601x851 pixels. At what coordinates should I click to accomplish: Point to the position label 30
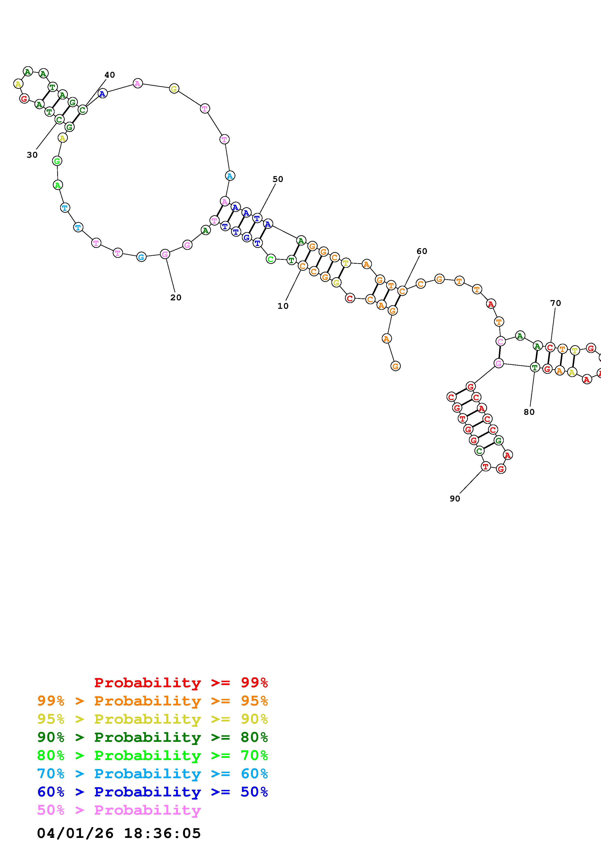(x=32, y=155)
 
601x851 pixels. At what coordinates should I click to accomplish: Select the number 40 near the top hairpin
(x=110, y=75)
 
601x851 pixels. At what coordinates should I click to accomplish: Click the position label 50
(x=278, y=179)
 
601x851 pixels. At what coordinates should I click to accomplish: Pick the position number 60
(x=422, y=251)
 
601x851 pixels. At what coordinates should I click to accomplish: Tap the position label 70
(x=555, y=303)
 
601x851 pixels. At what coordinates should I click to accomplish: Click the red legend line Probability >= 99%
(x=181, y=683)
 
